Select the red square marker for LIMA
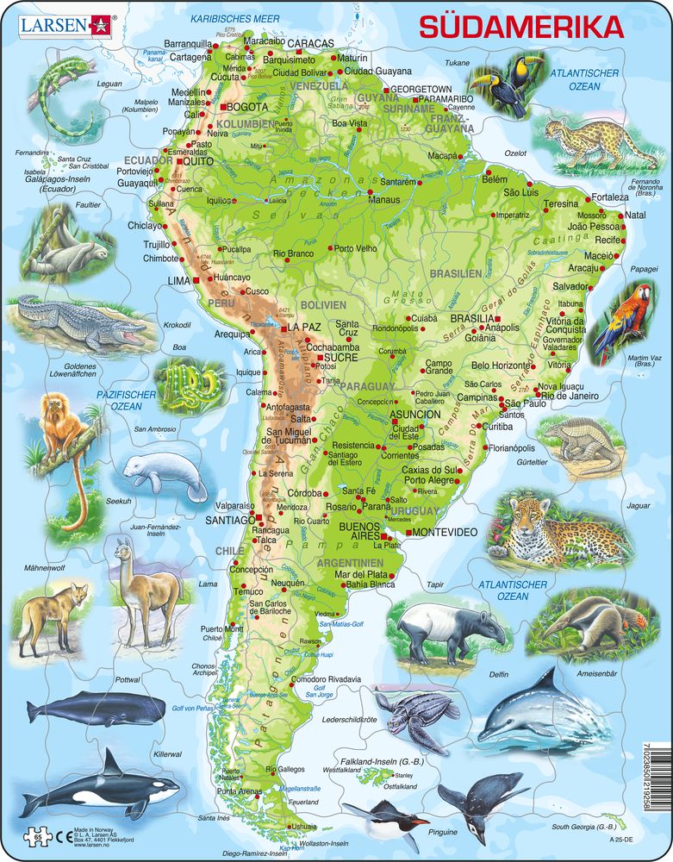tap(196, 281)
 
